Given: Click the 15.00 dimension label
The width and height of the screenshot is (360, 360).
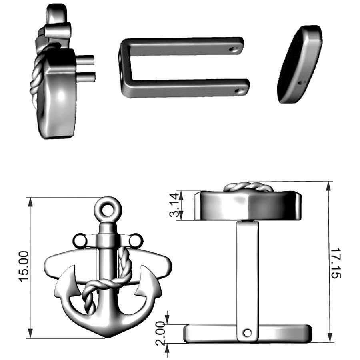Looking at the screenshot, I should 24,266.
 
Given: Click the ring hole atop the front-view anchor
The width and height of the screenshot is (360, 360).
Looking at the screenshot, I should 108,209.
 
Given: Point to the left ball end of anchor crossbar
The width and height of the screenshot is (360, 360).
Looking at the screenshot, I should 80,241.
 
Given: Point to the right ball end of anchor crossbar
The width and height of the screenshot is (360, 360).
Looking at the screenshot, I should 136,241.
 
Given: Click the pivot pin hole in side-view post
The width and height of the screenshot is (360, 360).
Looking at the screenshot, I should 248,333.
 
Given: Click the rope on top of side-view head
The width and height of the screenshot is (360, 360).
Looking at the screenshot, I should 248,186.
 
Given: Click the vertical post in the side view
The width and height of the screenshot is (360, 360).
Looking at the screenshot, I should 247,272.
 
